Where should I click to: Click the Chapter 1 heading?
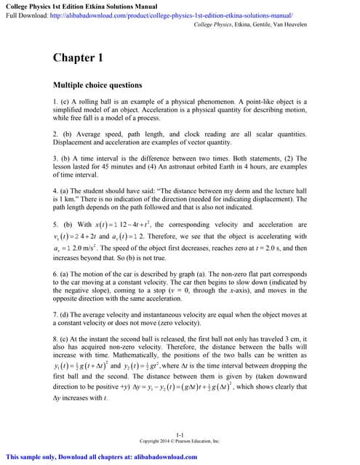[x=78, y=57]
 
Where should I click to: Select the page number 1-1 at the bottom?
[x=180, y=433]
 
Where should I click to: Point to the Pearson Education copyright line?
[x=180, y=440]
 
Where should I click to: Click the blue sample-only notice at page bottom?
[x=102, y=457]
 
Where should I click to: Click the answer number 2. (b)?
[x=62, y=135]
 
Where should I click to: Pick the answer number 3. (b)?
[x=62, y=161]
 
